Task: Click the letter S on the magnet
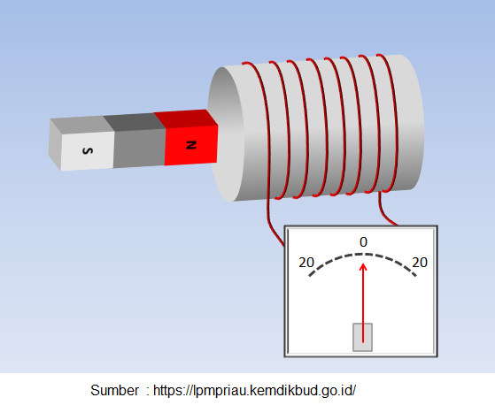[88, 151]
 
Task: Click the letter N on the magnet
[191, 145]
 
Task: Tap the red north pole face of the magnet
[191, 145]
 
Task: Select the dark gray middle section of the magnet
[139, 149]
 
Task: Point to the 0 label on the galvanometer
[363, 242]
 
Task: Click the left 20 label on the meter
[306, 263]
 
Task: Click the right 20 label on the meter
[420, 263]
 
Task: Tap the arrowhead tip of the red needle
[363, 264]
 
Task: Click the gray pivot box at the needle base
[362, 337]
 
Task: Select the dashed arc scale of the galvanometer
[363, 254]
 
